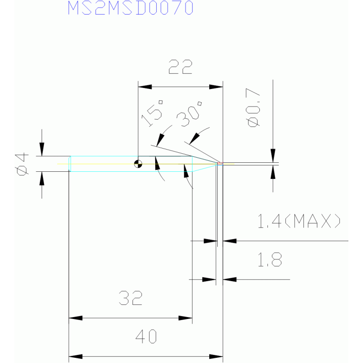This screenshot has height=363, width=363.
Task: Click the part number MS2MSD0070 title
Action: point(131,8)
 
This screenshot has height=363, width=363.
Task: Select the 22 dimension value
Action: point(180,67)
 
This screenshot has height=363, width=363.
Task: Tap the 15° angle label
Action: point(152,114)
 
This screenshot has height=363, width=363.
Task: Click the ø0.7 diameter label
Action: point(253,107)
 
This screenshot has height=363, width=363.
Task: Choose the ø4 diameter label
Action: point(22,164)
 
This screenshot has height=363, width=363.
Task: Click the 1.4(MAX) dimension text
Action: point(299,221)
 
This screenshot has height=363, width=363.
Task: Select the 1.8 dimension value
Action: point(270,259)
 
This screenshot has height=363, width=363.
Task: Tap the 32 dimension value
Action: point(131,298)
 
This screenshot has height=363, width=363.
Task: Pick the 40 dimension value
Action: point(146,336)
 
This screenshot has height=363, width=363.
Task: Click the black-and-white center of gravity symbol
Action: point(138,164)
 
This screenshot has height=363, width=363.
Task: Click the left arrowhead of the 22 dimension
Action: point(145,87)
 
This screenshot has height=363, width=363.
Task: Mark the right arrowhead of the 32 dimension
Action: point(185,318)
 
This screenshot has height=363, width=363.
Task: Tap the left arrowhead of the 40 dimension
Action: point(76,356)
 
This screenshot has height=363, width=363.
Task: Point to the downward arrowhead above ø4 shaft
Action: point(42,150)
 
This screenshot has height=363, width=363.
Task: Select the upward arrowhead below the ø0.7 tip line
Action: point(273,172)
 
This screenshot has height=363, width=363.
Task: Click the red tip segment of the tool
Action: point(220,163)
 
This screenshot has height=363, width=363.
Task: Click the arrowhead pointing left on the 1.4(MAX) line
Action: point(230,241)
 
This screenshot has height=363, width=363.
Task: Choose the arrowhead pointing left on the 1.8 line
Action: point(230,279)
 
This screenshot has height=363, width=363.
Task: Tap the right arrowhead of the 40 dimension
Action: point(216,356)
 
